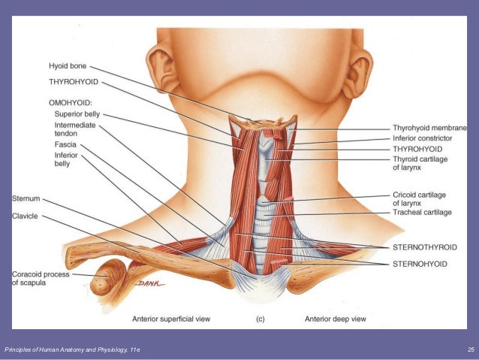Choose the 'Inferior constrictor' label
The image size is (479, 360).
[x=422, y=138]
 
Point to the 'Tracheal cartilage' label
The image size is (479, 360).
[x=422, y=213]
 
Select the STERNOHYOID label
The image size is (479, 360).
[x=420, y=264]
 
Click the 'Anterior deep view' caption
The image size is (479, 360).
[x=335, y=319]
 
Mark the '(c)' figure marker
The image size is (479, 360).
[x=260, y=319]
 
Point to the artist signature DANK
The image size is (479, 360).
[x=149, y=283]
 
